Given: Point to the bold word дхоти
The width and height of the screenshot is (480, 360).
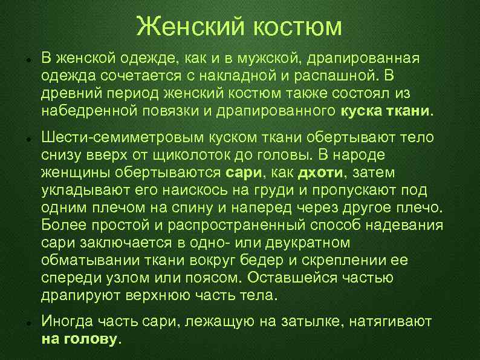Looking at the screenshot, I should tap(320, 172).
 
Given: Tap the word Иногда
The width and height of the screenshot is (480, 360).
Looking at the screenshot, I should tap(66, 322).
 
